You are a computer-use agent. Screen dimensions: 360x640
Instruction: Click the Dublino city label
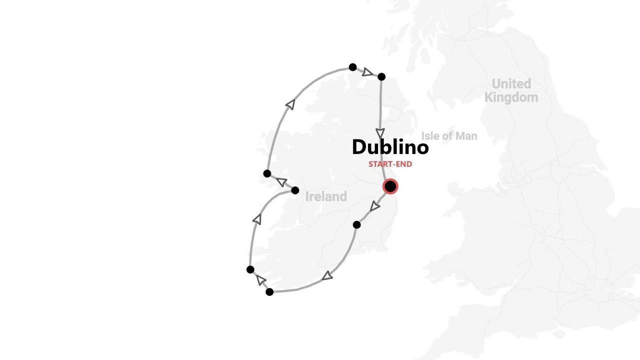(390, 147)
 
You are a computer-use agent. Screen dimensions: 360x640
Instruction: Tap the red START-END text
(390, 164)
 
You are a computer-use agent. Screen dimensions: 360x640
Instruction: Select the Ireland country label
(326, 196)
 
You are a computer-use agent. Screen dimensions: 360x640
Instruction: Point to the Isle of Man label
(449, 136)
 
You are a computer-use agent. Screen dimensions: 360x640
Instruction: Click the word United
(511, 83)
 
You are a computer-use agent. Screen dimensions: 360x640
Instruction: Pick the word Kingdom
(511, 97)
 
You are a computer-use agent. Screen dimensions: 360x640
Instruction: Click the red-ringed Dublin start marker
(390, 186)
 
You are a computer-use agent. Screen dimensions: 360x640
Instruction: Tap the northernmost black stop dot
(352, 67)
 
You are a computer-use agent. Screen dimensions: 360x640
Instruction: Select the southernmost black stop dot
(269, 292)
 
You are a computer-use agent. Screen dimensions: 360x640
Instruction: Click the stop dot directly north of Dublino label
(381, 76)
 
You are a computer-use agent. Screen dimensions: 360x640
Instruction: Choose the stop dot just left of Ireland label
(295, 190)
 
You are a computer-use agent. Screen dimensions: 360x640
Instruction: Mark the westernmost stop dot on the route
(250, 269)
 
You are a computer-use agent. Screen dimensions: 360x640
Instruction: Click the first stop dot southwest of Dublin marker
(356, 225)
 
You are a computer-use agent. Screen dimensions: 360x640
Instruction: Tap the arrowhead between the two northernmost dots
(367, 72)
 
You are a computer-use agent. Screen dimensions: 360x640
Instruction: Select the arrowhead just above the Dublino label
(380, 133)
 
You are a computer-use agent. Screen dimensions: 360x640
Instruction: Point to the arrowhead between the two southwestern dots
(260, 280)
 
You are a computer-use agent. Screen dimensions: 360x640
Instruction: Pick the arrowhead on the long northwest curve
(290, 104)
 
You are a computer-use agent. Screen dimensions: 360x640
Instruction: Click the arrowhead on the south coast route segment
(327, 275)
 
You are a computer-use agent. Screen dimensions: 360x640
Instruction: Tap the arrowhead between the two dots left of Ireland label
(281, 182)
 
